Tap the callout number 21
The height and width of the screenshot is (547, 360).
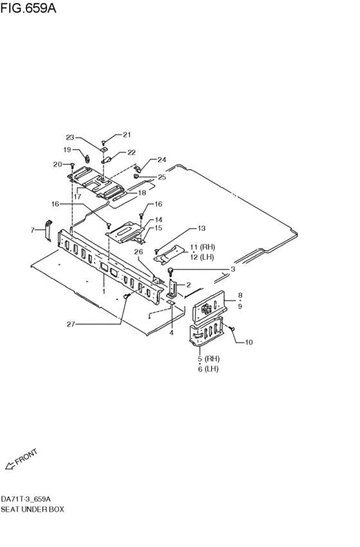coord(126,134)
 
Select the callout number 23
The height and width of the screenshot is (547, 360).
coord(70,137)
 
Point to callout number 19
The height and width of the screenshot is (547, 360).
coord(67,150)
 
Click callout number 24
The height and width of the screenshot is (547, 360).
coord(161,159)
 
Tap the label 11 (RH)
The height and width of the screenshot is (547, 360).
coord(202,247)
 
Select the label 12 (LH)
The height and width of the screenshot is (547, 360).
coord(202,257)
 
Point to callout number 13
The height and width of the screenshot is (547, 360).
coord(201,228)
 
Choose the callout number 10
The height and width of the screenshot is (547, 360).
coord(249,342)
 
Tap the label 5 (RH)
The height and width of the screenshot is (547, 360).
coord(208,358)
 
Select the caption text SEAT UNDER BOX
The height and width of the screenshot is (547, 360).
coord(32,509)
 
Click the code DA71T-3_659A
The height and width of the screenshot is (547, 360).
coord(26,499)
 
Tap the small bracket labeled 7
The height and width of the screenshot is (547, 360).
coord(48,229)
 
